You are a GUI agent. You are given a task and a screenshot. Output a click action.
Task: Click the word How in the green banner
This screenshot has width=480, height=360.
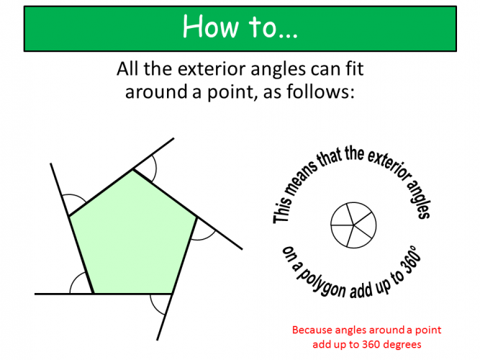pos(206,27)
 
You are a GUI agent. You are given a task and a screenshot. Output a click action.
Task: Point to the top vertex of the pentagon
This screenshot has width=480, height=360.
pos(132,170)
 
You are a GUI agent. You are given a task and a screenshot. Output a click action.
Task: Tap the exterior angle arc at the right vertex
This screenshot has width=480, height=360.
pos(205,230)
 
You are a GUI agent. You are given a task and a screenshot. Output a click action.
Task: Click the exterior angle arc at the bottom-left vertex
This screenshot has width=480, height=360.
pos(79,286)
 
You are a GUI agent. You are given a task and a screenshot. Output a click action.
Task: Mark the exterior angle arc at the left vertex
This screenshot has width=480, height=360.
pos(73,202)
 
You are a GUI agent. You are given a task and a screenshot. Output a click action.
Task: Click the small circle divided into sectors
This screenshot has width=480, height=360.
pos(353,223)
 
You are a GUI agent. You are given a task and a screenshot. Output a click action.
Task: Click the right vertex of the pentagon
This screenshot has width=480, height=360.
pos(196,216)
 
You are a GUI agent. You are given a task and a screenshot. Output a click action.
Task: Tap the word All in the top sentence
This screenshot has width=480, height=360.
pos(127,70)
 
